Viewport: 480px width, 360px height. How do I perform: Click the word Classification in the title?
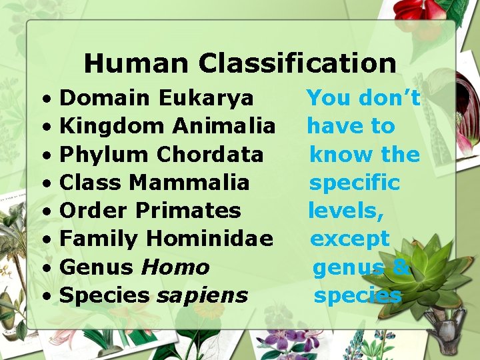tap(297, 63)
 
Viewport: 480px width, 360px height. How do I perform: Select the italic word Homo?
tap(175, 267)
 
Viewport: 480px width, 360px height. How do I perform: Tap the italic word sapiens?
tap(202, 295)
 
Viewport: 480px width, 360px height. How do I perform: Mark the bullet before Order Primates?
tap(49, 211)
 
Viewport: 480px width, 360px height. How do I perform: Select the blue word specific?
tap(354, 183)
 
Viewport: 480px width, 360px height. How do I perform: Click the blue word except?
tap(350, 239)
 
